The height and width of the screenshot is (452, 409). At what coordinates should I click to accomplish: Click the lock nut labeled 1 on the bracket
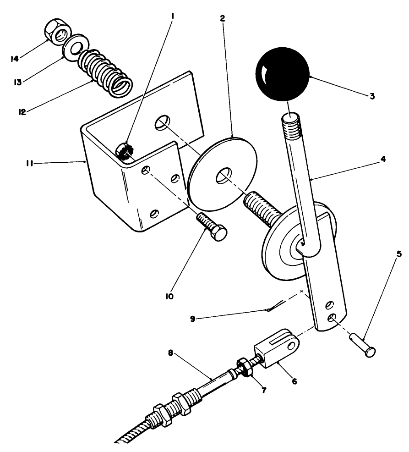coord(123,151)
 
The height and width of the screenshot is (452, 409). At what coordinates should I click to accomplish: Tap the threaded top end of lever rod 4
coord(289,123)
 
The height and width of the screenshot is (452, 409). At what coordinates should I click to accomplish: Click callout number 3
coord(372,97)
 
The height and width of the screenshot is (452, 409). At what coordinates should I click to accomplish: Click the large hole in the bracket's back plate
coord(161,122)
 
